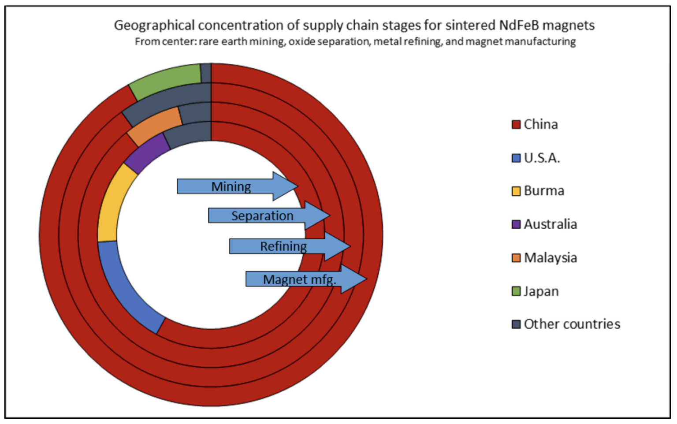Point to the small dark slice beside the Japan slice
pos(206,73)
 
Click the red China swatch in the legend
pos(516,124)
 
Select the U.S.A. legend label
pos(542,158)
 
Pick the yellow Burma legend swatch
pos(516,191)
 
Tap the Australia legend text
pos(550,224)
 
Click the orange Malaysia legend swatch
pos(516,258)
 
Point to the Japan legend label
pos(541,291)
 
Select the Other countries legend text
pos(572,324)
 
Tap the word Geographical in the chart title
pos(154,26)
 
